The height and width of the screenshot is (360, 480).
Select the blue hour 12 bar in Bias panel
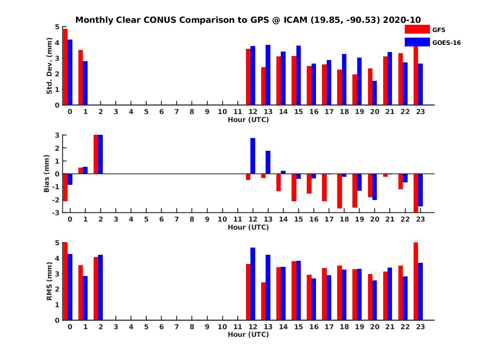[253, 156]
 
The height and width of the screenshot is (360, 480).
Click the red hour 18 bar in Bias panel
[340, 191]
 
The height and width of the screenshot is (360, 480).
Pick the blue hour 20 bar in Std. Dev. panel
[374, 93]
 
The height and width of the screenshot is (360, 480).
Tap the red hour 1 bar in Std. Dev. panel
[80, 78]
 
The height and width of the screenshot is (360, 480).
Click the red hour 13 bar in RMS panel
[263, 301]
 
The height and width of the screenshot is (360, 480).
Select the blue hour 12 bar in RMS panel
[253, 284]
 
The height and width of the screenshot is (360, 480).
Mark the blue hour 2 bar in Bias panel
[100, 154]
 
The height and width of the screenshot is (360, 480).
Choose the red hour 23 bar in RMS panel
[416, 281]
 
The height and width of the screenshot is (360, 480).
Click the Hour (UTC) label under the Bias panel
[248, 227]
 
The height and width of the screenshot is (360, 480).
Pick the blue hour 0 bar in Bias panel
[70, 179]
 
